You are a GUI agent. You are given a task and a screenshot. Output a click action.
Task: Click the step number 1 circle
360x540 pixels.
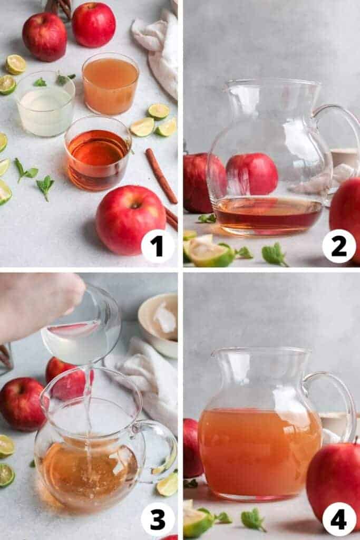pyautogui.click(x=158, y=246)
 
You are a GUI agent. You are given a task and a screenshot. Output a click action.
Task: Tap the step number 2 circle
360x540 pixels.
pyautogui.click(x=339, y=246)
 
